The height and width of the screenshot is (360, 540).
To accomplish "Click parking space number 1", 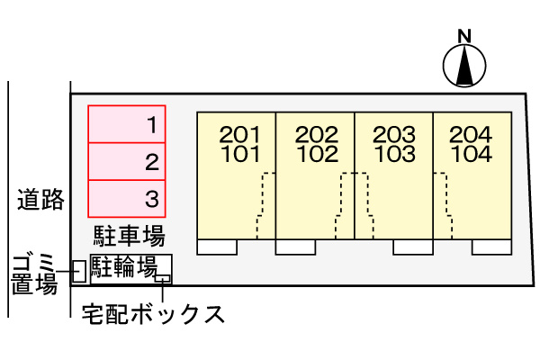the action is (x=127, y=123).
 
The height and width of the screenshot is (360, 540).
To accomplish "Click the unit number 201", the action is (x=239, y=135).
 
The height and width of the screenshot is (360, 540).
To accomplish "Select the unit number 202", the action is (x=317, y=135).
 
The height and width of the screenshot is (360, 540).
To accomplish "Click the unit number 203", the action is (x=394, y=135).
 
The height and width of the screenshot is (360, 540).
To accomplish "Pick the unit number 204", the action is (x=472, y=135).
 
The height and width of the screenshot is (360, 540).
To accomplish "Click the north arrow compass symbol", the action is (x=464, y=67).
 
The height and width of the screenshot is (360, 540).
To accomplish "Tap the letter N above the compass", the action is (x=464, y=37).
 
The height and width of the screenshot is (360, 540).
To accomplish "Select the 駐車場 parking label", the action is (x=129, y=237).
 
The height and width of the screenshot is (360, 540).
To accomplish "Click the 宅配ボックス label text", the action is (x=152, y=315).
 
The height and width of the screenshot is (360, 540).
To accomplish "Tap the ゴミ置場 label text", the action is (x=33, y=274).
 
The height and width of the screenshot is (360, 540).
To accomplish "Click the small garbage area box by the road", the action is (x=78, y=271).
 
